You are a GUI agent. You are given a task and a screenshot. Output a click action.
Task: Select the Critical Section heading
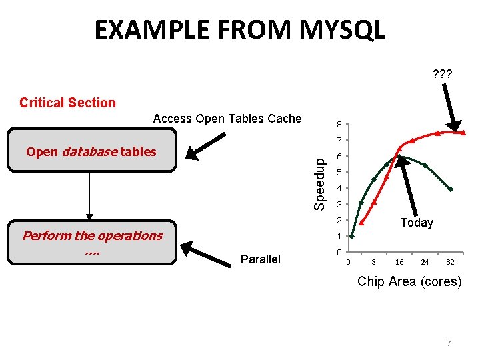[x=67, y=103]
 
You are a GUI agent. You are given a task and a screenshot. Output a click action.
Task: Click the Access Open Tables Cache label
[x=227, y=119]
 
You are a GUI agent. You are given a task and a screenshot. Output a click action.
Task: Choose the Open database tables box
[x=91, y=152]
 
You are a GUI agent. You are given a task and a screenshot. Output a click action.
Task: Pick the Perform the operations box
[x=92, y=242]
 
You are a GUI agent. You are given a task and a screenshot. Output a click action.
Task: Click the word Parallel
[x=260, y=259]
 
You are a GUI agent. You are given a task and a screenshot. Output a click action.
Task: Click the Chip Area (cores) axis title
[x=409, y=281]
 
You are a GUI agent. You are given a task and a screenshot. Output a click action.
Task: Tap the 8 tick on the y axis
[x=339, y=125]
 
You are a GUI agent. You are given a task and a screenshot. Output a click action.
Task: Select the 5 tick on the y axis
[x=339, y=173]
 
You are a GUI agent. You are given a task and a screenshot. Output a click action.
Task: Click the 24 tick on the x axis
[x=425, y=263]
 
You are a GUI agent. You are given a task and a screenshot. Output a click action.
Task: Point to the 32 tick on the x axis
[x=451, y=263]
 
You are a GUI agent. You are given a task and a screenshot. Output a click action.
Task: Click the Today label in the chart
[x=417, y=223]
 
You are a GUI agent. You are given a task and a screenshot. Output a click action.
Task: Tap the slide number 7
[x=449, y=343]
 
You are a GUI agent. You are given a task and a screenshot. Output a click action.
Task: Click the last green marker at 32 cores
[x=451, y=189]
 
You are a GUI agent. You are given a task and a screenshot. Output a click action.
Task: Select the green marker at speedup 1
[x=352, y=236]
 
